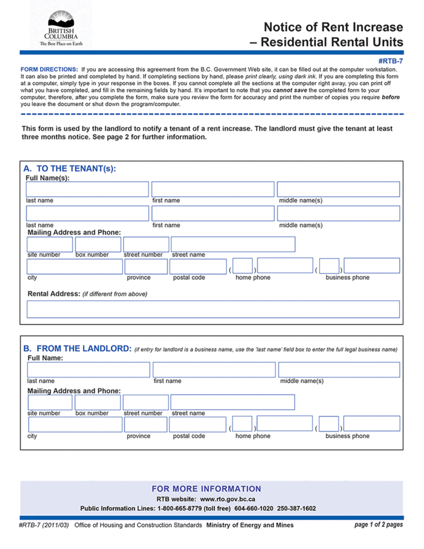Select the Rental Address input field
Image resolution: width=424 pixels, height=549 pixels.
click(213, 309)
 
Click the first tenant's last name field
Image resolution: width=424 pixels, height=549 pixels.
click(87, 189)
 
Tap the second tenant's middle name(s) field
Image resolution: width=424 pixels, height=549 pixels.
click(338, 213)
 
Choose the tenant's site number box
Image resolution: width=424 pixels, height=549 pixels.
click(50, 244)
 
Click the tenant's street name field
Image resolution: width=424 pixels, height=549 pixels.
click(233, 244)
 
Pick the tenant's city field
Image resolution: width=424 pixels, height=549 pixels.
click(75, 266)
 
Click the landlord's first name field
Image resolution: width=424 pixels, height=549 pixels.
click(214, 370)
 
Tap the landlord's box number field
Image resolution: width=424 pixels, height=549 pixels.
click(98, 402)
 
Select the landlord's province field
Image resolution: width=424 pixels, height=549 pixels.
click(145, 424)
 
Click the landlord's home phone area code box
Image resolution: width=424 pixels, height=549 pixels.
click(242, 424)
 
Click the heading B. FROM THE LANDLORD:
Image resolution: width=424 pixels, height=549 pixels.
click(77, 348)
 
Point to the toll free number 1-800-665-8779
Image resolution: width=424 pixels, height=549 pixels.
click(182, 508)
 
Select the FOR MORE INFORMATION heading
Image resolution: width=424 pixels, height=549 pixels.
click(207, 488)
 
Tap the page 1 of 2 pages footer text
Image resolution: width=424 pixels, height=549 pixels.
click(378, 525)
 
